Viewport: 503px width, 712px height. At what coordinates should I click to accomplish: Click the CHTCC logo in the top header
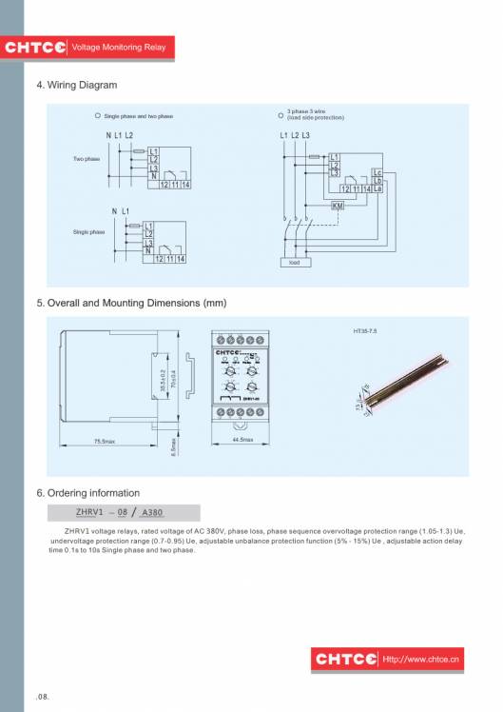pyautogui.click(x=34, y=47)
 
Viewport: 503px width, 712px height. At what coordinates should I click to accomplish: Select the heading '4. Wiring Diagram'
pyautogui.click(x=76, y=86)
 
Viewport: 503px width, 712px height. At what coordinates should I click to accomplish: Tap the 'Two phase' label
pyautogui.click(x=87, y=159)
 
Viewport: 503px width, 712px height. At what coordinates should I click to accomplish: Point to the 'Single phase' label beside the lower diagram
pyautogui.click(x=88, y=231)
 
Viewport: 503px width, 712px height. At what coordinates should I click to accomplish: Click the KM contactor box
pyautogui.click(x=337, y=206)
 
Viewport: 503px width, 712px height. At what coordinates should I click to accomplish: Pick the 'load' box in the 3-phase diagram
pyautogui.click(x=294, y=262)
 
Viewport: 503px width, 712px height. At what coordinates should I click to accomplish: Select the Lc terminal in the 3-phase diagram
pyautogui.click(x=377, y=172)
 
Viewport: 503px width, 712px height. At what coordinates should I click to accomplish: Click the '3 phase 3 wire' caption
pyautogui.click(x=316, y=114)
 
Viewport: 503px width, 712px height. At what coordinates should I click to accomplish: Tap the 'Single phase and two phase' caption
pyautogui.click(x=138, y=116)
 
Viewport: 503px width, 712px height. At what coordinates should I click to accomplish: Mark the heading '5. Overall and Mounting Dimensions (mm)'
pyautogui.click(x=131, y=303)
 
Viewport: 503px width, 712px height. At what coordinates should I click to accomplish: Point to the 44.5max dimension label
pyautogui.click(x=242, y=440)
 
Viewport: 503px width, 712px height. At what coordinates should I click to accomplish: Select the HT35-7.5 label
pyautogui.click(x=365, y=331)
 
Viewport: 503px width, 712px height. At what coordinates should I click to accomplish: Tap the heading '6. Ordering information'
pyautogui.click(x=87, y=493)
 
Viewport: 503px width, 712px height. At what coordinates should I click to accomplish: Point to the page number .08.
pyautogui.click(x=43, y=697)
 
